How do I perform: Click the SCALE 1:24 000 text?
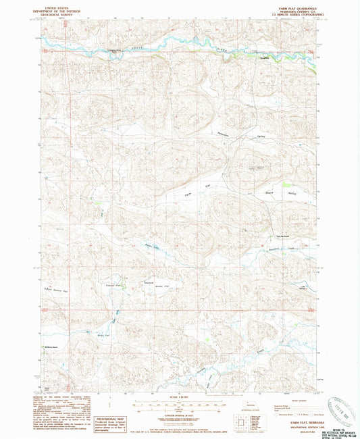[180, 396]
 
